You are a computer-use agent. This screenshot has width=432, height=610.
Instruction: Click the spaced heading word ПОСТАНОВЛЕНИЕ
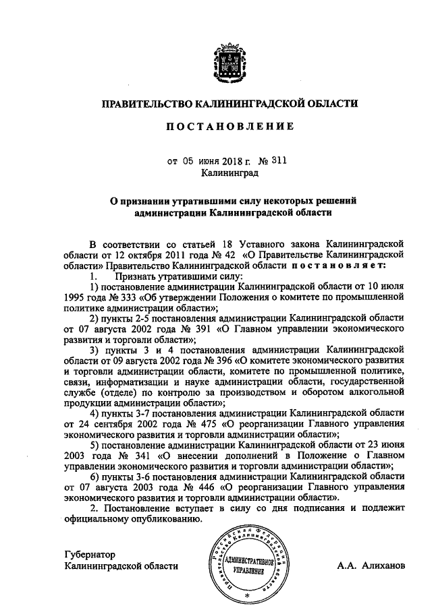pyautogui.click(x=226, y=125)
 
